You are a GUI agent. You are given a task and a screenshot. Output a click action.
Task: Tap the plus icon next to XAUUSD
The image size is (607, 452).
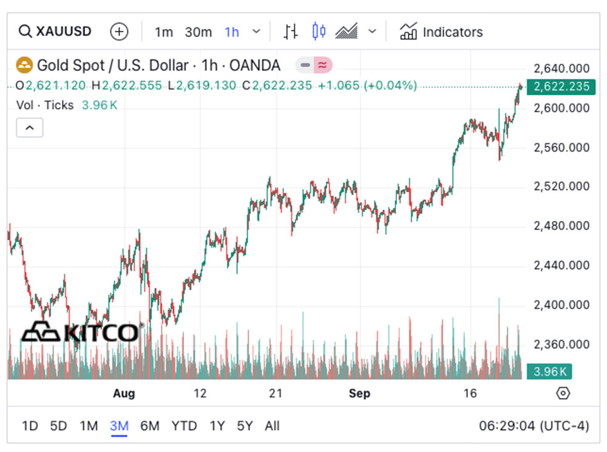click(x=119, y=32)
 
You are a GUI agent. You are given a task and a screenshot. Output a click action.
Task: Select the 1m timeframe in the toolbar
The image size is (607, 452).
click(x=163, y=32)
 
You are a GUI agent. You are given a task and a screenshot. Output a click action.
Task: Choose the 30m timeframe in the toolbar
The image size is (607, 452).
click(x=198, y=32)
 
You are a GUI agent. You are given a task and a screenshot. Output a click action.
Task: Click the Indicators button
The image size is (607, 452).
click(x=441, y=32)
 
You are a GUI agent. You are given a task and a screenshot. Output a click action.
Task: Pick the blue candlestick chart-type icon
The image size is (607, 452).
click(x=319, y=32)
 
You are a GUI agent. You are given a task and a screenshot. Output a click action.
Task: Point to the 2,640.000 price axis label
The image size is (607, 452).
click(x=561, y=68)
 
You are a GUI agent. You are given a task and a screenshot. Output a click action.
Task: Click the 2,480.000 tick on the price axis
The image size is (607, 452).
click(x=561, y=226)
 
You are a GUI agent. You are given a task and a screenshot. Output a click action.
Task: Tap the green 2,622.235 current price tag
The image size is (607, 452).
click(x=561, y=87)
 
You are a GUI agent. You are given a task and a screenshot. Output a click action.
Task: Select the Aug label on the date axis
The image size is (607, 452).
click(x=124, y=393)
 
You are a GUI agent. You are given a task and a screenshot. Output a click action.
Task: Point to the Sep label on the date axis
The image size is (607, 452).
click(x=359, y=393)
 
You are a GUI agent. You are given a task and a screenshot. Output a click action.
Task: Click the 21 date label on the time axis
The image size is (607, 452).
click(x=276, y=393)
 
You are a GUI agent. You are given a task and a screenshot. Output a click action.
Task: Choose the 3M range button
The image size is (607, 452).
click(x=119, y=426)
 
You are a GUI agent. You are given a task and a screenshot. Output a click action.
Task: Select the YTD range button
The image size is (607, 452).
click(x=183, y=426)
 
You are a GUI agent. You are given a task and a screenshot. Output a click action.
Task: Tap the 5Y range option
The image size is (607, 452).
click(x=245, y=426)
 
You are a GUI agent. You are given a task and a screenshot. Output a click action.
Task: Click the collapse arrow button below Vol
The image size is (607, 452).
click(x=29, y=127)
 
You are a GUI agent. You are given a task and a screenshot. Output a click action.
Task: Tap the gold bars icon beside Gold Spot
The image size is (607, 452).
click(x=24, y=65)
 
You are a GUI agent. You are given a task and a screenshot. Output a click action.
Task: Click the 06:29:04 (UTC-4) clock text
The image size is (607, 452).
click(x=534, y=426)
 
